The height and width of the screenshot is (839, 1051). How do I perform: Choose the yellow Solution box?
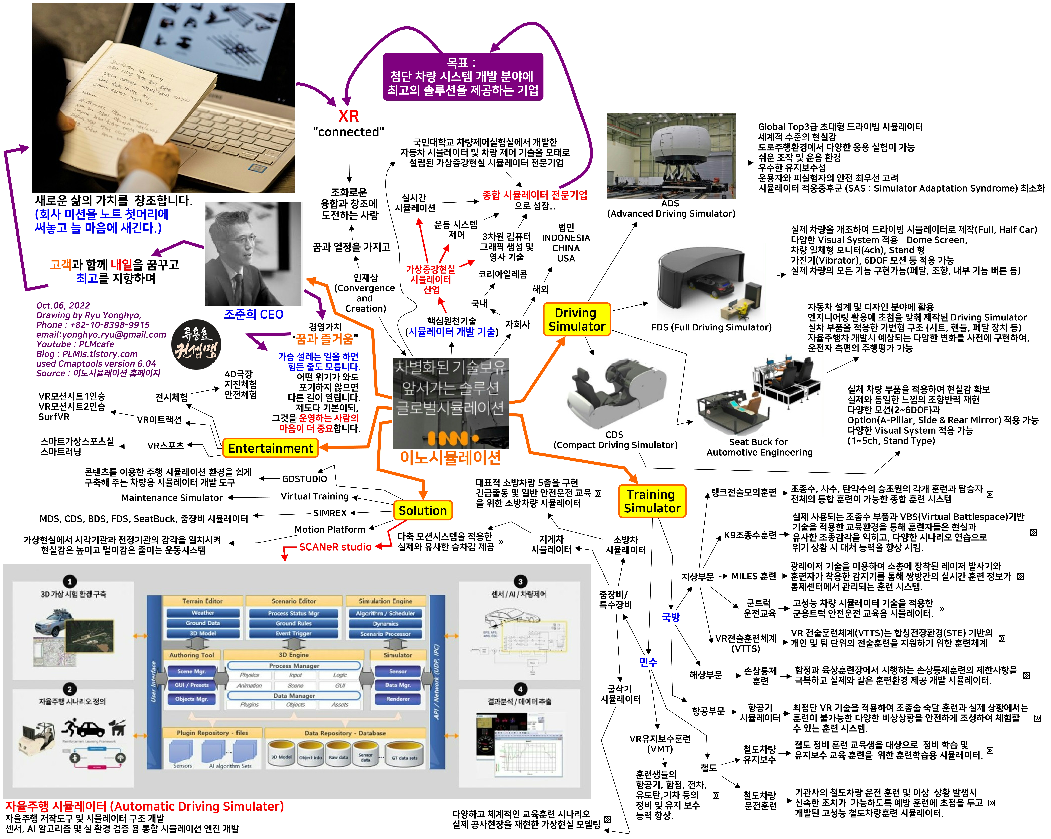tap(423, 510)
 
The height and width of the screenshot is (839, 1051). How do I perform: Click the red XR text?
tap(348, 116)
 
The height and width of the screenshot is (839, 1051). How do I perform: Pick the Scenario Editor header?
tap(293, 601)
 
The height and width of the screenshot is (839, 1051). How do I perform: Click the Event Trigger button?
tap(293, 633)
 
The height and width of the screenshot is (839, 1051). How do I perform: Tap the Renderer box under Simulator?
tap(398, 699)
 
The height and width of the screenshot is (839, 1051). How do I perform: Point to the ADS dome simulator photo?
tap(671, 155)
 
